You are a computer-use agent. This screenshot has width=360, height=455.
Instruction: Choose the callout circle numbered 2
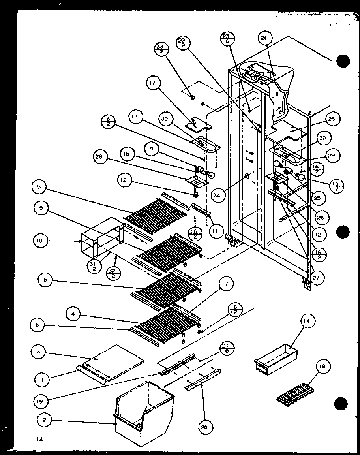tap(44, 420)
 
